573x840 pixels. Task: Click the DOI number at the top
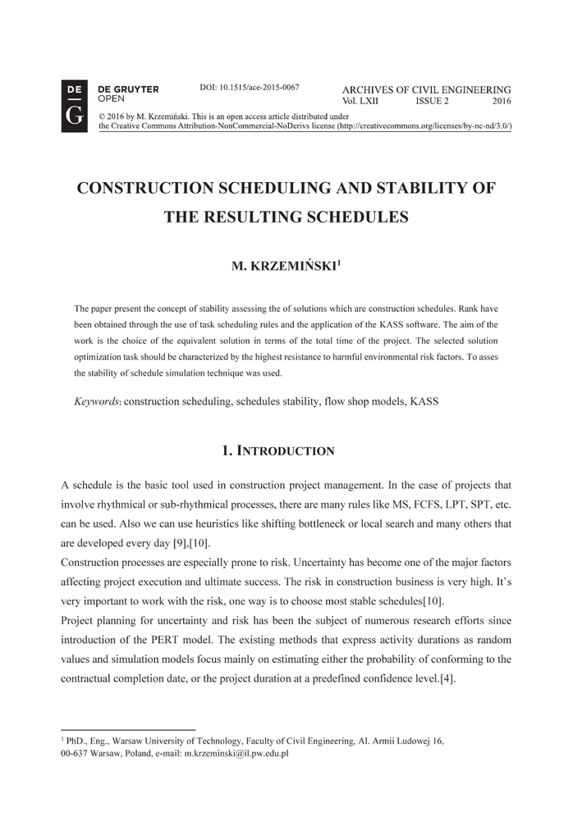[249, 87]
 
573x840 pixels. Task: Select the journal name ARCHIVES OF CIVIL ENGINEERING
[426, 89]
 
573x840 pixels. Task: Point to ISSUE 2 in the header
[432, 101]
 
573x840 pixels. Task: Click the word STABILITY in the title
[393, 188]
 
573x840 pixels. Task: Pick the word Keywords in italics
[97, 402]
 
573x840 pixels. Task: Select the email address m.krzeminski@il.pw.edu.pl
[236, 752]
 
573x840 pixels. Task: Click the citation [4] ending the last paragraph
[447, 679]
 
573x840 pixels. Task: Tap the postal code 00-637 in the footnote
[75, 752]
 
